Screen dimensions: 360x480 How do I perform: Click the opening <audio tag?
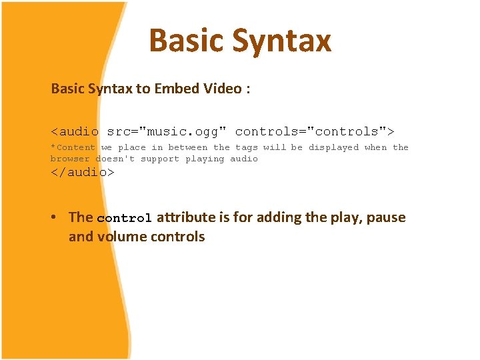click(75, 131)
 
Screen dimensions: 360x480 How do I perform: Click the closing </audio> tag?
click(83, 172)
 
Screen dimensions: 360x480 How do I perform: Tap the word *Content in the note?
click(73, 147)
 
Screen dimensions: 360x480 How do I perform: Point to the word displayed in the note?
click(333, 147)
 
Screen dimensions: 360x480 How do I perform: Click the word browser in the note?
click(70, 159)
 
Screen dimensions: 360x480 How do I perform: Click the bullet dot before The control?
click(60, 218)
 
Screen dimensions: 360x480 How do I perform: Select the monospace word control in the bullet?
click(125, 219)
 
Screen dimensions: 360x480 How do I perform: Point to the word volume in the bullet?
click(123, 237)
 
